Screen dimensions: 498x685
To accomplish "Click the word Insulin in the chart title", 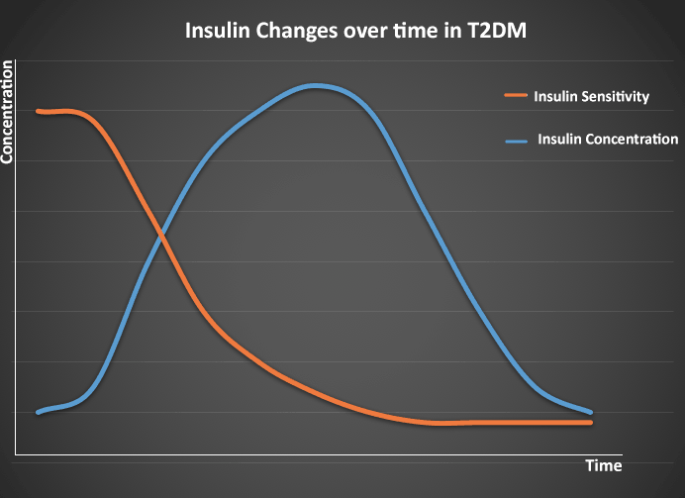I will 216,31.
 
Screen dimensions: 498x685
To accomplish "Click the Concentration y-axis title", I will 8,111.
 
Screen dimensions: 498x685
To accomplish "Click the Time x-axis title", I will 603,465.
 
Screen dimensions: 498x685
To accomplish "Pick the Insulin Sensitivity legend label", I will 591,96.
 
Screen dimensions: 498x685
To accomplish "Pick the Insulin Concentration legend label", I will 607,139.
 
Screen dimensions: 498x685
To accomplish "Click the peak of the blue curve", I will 316,86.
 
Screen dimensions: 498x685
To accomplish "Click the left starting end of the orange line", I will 38,111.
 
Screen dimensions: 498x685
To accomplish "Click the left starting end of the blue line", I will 38,412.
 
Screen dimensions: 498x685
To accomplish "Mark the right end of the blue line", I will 591,412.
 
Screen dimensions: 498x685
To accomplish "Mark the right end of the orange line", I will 591,423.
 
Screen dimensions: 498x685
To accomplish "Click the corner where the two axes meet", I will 16,455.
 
